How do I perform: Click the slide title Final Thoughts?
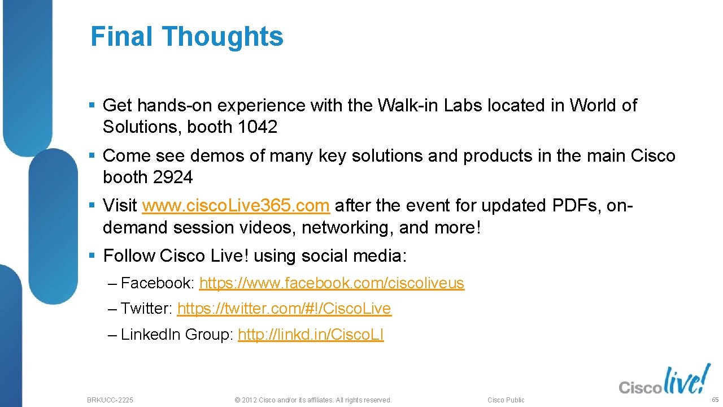pos(186,37)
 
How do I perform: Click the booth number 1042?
pos(258,127)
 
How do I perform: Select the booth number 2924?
pos(173,177)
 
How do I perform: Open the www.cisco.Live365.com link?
pos(236,206)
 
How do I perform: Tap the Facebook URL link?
pos(332,283)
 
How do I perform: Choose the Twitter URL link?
pos(284,309)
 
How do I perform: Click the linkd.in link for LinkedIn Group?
pos(311,335)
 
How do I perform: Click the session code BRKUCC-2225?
pos(110,400)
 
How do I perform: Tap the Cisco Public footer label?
pos(506,400)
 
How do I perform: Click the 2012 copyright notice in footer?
pos(312,400)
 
